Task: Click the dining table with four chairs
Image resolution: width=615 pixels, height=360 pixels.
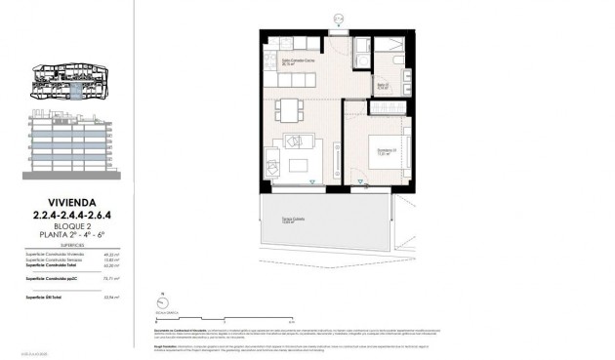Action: click(x=290, y=106)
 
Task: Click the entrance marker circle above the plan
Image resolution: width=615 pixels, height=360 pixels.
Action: click(x=338, y=16)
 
